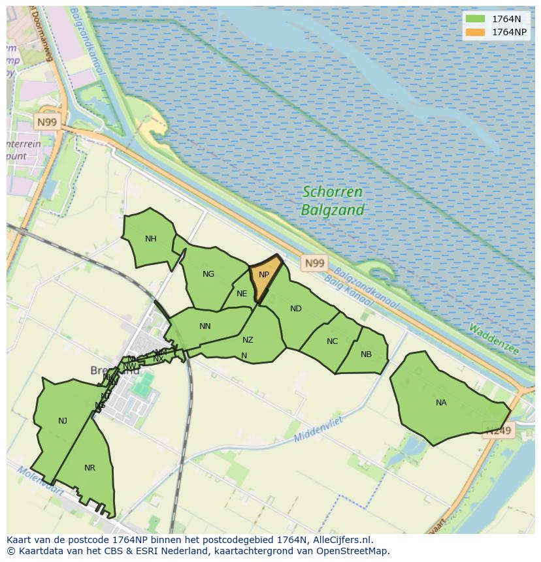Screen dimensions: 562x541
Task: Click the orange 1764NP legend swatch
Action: (475, 32)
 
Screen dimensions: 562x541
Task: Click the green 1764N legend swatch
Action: (475, 19)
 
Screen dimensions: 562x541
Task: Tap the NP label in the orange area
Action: (264, 275)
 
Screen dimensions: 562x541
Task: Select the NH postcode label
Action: (151, 239)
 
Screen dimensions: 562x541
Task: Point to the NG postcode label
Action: (208, 274)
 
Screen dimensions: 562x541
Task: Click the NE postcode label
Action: (242, 294)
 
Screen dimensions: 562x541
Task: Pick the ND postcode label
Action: (296, 309)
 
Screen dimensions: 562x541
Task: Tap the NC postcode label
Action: (333, 341)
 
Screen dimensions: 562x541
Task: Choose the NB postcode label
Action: (366, 354)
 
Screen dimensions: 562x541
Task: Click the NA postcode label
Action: (441, 403)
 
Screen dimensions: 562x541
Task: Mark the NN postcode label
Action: (205, 326)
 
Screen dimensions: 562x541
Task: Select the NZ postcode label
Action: (248, 340)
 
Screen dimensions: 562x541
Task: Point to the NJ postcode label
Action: (63, 421)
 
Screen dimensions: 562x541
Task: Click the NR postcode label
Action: (90, 468)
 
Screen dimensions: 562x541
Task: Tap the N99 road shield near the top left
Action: (47, 122)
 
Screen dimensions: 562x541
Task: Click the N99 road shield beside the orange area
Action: (314, 263)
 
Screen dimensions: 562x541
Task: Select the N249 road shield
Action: (499, 430)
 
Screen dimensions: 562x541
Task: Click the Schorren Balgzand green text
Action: (333, 201)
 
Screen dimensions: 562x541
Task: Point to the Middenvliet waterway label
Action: (319, 429)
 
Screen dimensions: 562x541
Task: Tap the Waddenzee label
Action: (493, 339)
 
